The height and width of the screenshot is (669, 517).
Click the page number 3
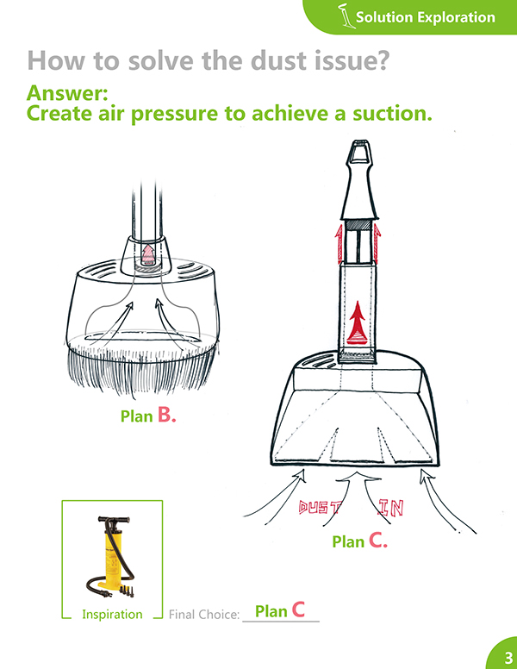tap(508, 657)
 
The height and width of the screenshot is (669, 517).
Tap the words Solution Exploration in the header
tap(426, 17)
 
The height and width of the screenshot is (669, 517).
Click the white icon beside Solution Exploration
tap(346, 16)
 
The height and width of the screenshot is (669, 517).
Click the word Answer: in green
tap(67, 93)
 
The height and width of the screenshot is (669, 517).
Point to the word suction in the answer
tap(392, 114)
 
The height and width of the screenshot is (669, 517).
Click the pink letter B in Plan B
tap(166, 414)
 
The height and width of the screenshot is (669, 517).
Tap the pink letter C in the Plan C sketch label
tap(377, 541)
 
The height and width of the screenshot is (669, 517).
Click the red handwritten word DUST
tap(321, 507)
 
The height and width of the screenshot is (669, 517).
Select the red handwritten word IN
tap(391, 508)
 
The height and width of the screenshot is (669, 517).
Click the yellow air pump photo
tap(112, 557)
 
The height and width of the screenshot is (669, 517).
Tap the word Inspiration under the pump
tap(112, 615)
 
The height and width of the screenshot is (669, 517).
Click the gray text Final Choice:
tap(204, 615)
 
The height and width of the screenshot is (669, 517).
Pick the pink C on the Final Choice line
tap(298, 610)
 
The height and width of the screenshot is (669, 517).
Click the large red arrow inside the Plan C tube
tap(357, 323)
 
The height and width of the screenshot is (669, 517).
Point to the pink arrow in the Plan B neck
tap(148, 253)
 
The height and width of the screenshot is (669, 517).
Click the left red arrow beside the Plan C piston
tap(339, 243)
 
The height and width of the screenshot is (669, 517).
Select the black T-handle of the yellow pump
tap(114, 520)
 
